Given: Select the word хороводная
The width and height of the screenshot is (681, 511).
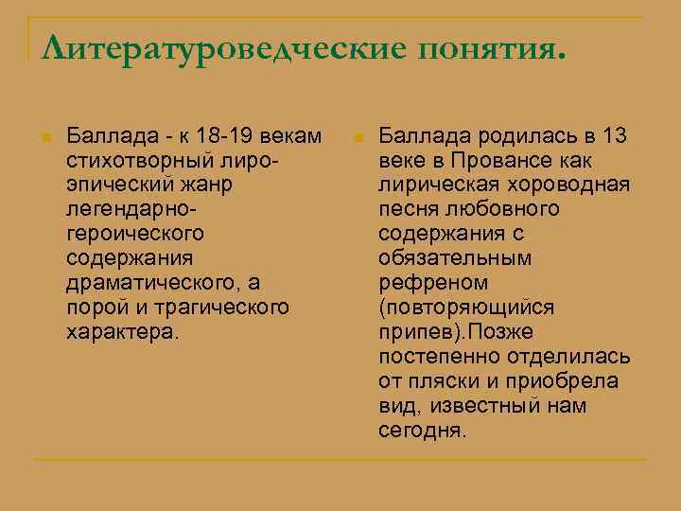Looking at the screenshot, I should (x=568, y=185).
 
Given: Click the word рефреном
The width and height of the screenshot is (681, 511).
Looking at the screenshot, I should (x=433, y=283).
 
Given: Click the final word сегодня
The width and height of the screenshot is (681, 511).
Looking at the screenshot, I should (x=422, y=431).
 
